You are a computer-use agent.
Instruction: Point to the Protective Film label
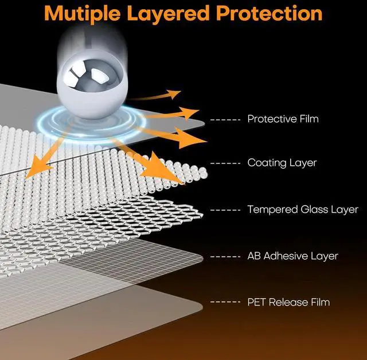[x=283, y=119]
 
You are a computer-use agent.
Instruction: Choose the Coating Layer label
[x=282, y=163]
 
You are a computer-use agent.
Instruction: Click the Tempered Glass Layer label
[x=303, y=210]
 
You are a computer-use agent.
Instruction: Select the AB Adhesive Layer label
[x=292, y=256]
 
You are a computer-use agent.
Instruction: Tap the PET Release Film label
[x=288, y=302]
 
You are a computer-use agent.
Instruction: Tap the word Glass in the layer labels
[x=314, y=210]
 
